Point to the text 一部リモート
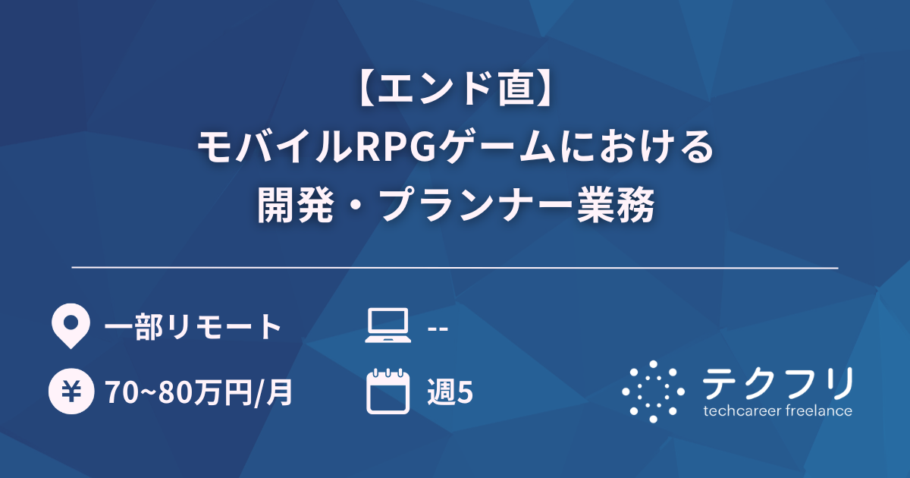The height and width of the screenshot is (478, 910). click(x=193, y=327)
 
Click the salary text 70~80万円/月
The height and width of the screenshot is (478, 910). click(x=199, y=393)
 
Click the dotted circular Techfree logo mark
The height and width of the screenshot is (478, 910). click(x=654, y=392)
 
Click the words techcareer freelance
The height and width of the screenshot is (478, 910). click(x=778, y=411)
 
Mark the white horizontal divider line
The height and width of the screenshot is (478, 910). click(x=455, y=268)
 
